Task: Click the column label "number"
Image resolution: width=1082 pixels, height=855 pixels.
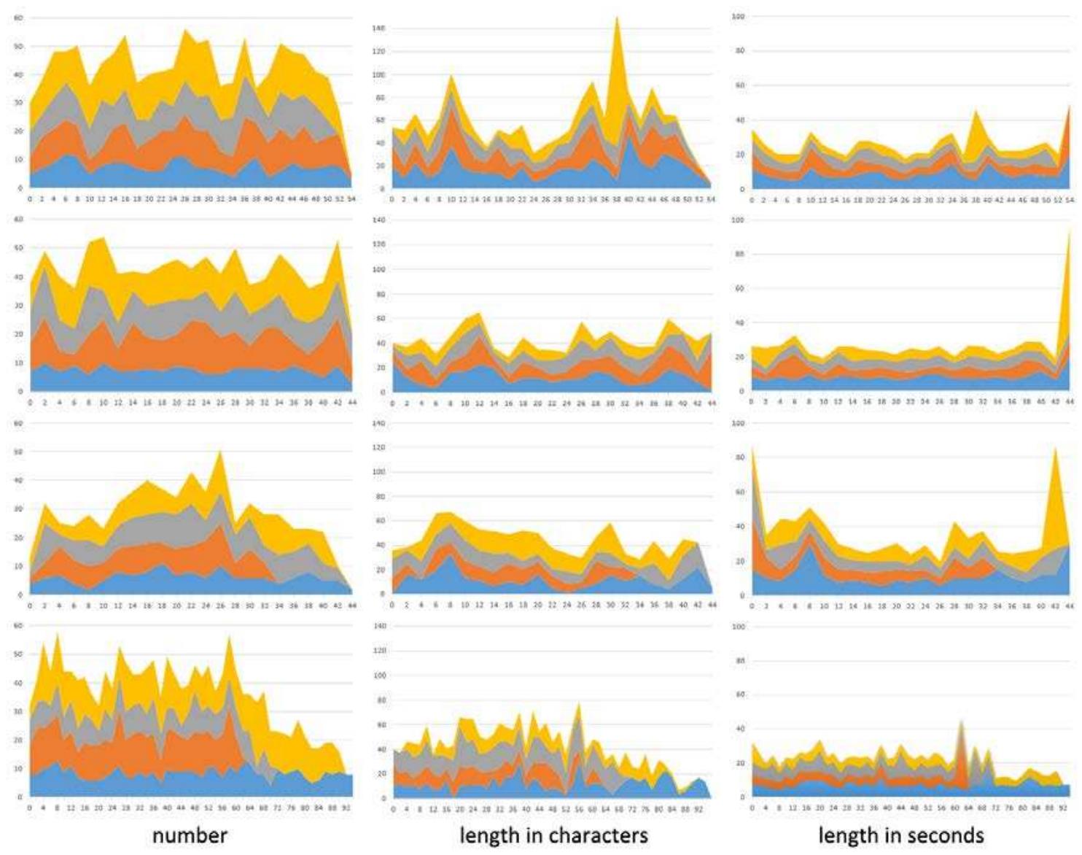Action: [x=190, y=835]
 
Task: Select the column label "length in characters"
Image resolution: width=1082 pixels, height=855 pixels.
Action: [x=553, y=835]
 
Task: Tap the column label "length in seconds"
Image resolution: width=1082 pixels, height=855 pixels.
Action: [x=901, y=835]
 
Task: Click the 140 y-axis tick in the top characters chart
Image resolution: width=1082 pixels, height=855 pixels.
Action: [x=378, y=28]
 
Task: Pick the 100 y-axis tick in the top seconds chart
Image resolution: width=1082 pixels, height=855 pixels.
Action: [x=738, y=16]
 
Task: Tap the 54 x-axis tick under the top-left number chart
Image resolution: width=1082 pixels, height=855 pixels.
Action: [x=352, y=198]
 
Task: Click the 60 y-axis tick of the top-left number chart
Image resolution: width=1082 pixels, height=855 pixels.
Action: [x=18, y=18]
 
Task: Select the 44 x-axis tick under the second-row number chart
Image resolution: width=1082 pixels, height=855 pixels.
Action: [x=352, y=402]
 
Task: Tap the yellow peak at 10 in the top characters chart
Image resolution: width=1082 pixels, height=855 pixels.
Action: [x=451, y=79]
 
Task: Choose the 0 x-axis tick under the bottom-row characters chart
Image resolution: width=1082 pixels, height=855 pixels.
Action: [x=393, y=809]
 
